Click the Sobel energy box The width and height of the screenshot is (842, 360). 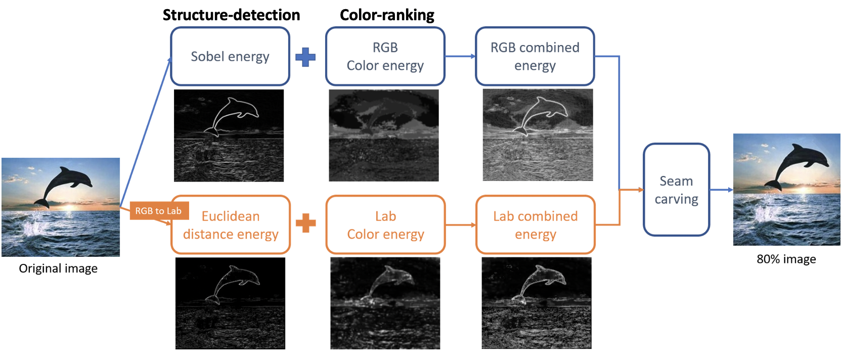230,56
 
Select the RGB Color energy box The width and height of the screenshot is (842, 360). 385,56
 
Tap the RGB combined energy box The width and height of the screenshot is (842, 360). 535,56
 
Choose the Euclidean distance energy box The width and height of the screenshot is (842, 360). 231,225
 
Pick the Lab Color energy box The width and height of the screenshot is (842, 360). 385,225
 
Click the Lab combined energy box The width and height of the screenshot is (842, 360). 535,225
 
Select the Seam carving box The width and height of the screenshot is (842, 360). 676,190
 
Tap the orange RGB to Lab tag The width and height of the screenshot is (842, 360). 158,211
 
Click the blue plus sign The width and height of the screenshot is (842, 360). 305,57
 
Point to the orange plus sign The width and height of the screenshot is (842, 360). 306,223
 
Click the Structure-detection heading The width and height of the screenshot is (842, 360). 231,15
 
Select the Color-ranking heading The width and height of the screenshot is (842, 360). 387,15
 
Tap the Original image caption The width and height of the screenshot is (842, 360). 58,268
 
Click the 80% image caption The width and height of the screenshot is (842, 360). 786,259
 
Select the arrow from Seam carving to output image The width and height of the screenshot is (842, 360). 722,190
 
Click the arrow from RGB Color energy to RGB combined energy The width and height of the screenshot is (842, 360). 460,56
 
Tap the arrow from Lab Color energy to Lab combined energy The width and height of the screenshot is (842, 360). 461,225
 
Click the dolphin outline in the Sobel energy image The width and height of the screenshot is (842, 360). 233,114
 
